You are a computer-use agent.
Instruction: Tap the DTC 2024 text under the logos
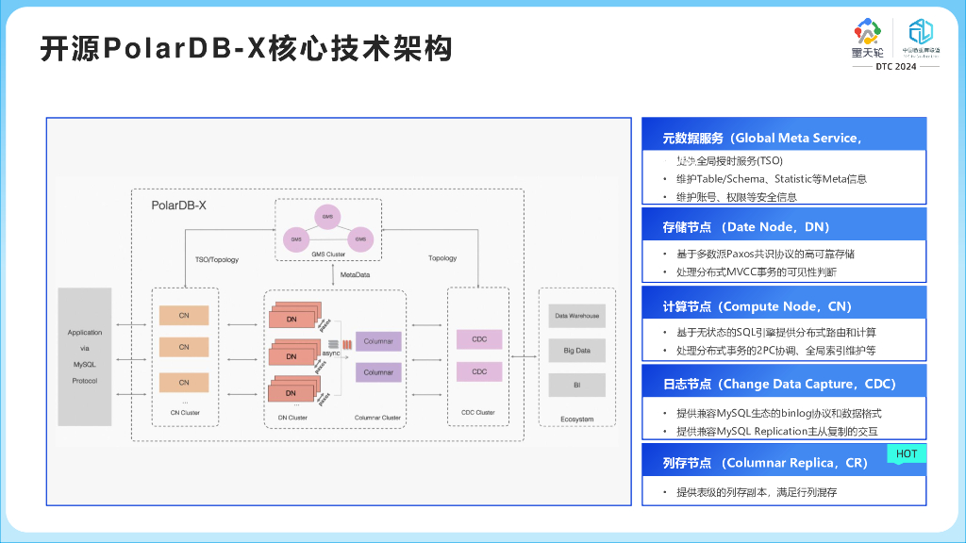(x=895, y=67)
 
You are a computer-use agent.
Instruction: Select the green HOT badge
(x=906, y=454)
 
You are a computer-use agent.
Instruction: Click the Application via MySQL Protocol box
(x=85, y=356)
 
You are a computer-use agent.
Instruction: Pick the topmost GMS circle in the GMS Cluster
(x=327, y=216)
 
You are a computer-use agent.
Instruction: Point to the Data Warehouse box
(x=576, y=316)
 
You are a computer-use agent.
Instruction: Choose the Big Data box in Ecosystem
(x=576, y=350)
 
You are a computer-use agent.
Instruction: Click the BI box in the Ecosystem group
(x=576, y=385)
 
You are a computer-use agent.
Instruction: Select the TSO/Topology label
(x=217, y=258)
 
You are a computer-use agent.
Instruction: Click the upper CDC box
(x=479, y=339)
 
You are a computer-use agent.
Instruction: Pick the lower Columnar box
(x=378, y=372)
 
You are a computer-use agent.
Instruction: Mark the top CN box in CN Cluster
(x=184, y=313)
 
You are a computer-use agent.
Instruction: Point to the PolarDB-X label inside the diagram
(x=179, y=205)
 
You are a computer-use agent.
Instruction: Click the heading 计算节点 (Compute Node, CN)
(x=757, y=306)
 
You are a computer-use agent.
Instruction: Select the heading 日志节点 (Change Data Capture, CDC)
(x=779, y=384)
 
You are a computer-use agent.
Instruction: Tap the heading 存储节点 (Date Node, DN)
(x=746, y=227)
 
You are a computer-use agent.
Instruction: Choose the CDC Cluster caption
(x=478, y=413)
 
